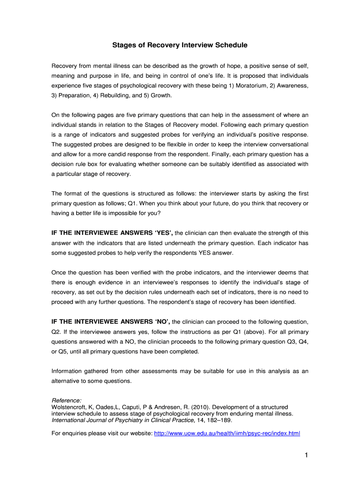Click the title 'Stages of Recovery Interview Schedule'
point(180,45)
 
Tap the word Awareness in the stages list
point(292,86)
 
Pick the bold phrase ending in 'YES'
point(112,232)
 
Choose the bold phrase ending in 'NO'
point(111,321)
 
